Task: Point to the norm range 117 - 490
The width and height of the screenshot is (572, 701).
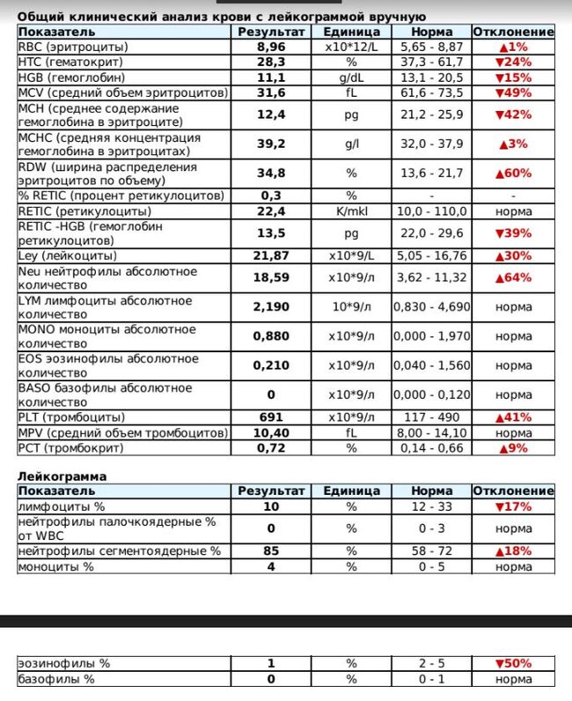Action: pyautogui.click(x=433, y=417)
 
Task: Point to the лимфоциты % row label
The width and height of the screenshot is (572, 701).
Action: pyautogui.click(x=56, y=506)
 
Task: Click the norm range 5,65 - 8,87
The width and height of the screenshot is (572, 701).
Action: pyautogui.click(x=433, y=47)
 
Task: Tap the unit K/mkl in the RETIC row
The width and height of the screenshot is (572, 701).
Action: pyautogui.click(x=351, y=210)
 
